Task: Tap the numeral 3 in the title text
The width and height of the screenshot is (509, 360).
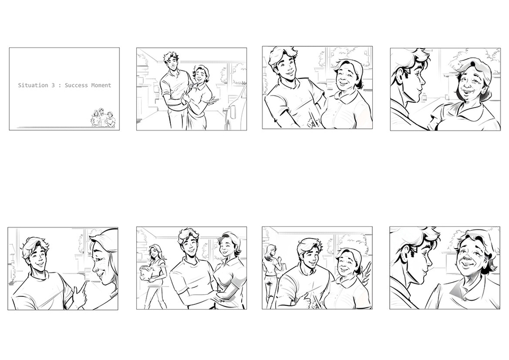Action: (x=53, y=85)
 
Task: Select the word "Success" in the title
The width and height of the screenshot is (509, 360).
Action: (x=76, y=85)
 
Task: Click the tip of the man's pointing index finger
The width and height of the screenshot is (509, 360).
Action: (x=86, y=283)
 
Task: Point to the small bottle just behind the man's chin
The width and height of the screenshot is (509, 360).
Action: (x=424, y=96)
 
